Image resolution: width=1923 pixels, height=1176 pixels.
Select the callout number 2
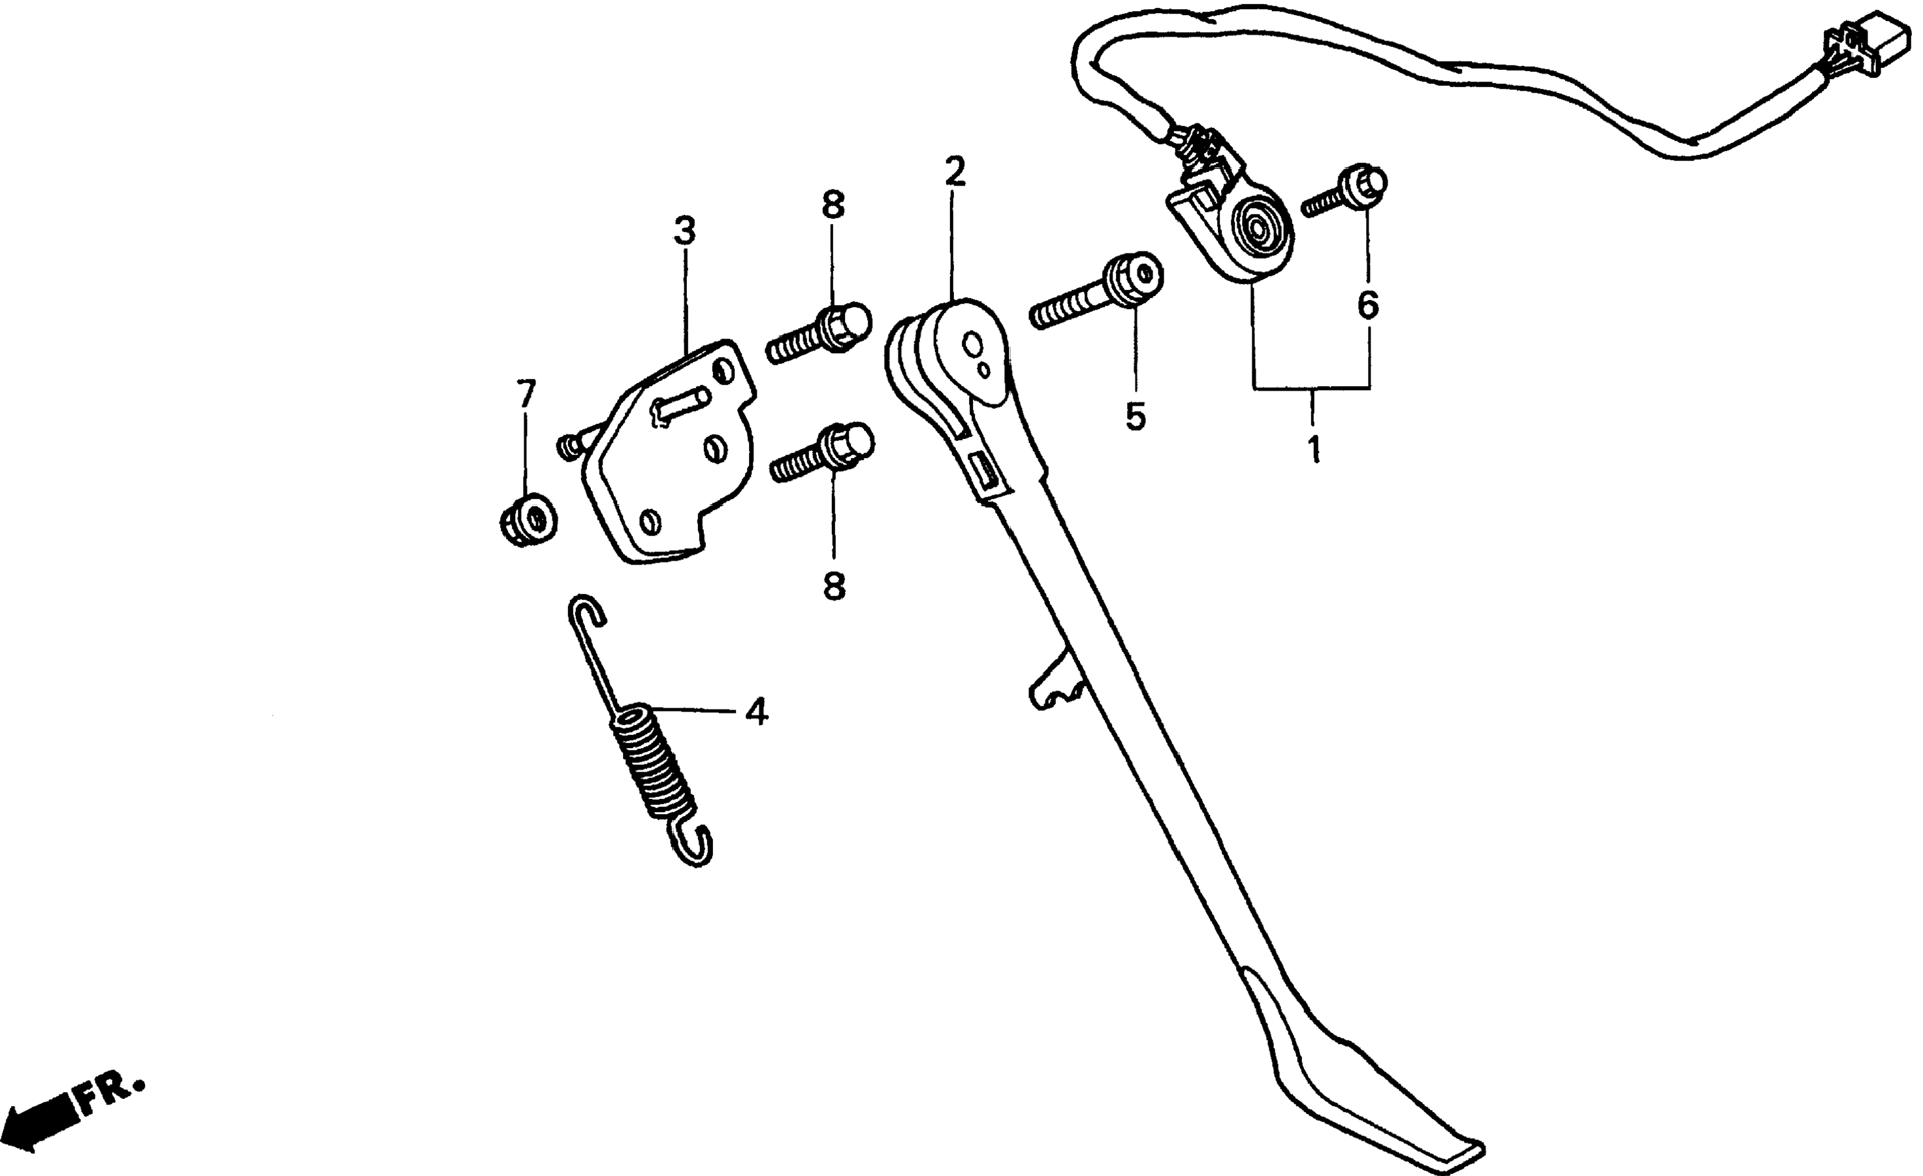[x=954, y=172]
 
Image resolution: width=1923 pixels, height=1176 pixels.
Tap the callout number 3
[x=684, y=231]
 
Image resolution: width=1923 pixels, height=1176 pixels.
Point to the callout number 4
[x=756, y=711]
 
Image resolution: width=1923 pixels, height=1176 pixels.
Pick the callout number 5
[x=1136, y=416]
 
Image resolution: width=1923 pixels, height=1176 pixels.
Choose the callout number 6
[x=1367, y=304]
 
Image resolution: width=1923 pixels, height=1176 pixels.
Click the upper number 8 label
[x=833, y=205]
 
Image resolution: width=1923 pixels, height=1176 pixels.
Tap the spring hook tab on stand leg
[x=1054, y=684]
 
